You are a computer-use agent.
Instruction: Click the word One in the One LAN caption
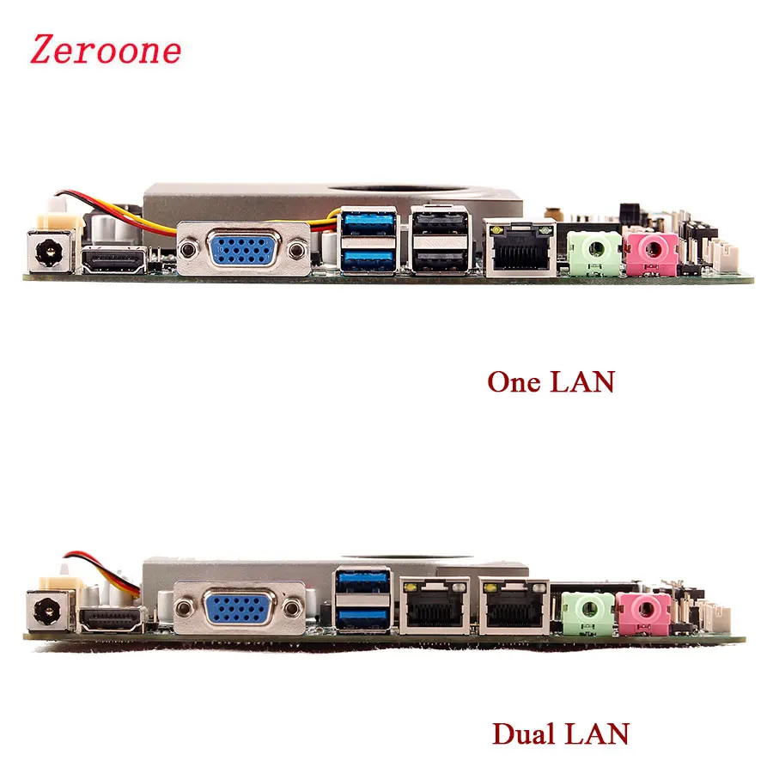coord(513,381)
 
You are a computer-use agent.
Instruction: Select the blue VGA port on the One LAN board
coord(241,252)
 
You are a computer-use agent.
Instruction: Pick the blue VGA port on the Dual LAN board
coord(240,609)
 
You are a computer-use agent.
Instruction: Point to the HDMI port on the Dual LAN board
coord(113,617)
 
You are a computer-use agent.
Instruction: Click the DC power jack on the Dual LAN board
coord(47,612)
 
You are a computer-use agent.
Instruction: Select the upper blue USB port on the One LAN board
coord(368,222)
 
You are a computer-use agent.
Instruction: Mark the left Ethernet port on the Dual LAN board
coord(435,605)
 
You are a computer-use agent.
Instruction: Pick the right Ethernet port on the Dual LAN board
coord(514,605)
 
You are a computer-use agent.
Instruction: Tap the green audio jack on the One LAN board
coord(593,252)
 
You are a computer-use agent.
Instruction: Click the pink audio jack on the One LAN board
coord(650,252)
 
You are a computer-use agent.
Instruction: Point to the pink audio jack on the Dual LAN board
coord(643,611)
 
